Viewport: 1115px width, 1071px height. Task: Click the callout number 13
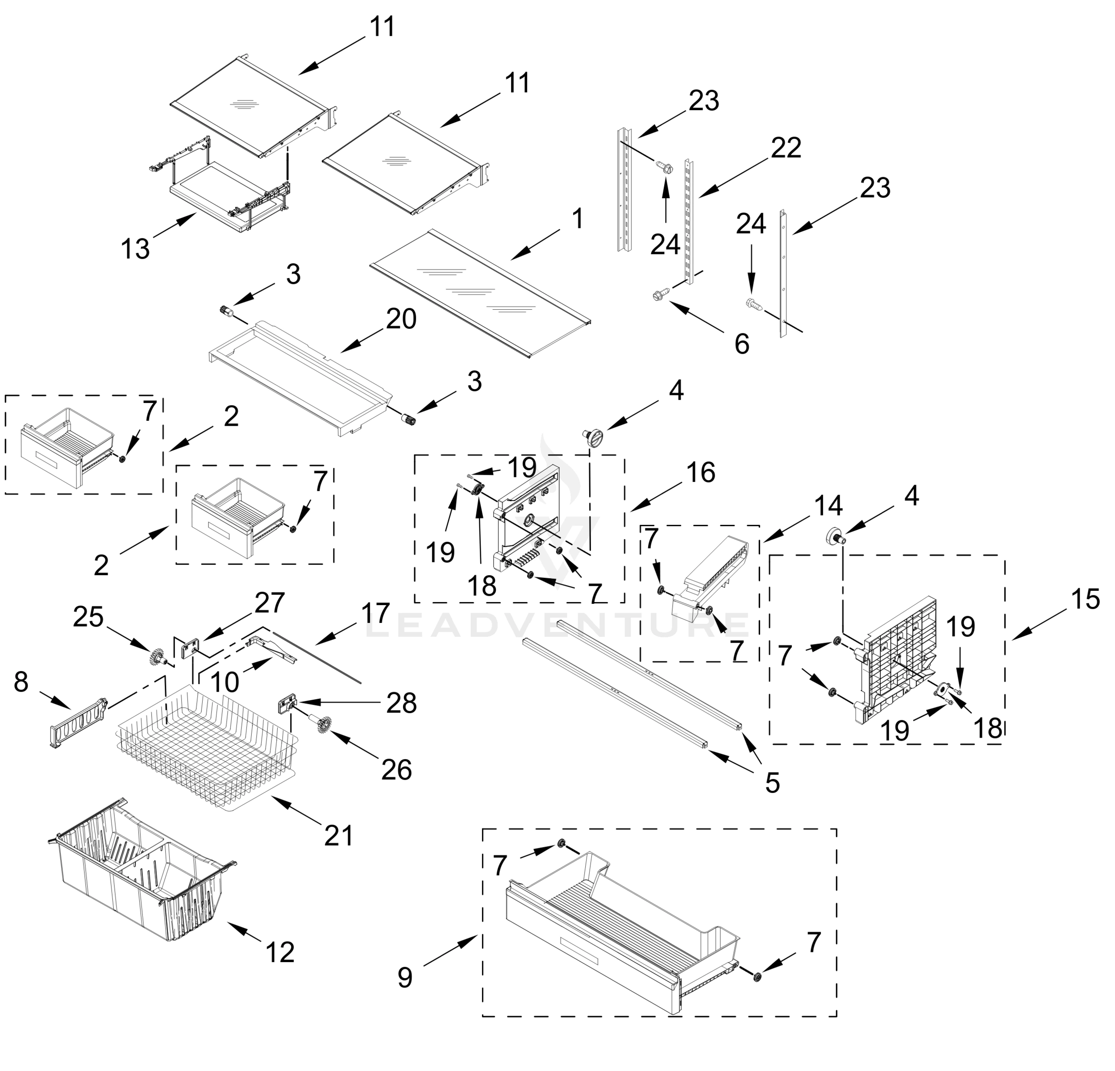pyautogui.click(x=135, y=249)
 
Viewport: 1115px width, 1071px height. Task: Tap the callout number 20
pyautogui.click(x=401, y=319)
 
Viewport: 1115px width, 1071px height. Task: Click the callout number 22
pyautogui.click(x=786, y=148)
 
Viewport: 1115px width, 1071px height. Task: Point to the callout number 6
pyautogui.click(x=742, y=344)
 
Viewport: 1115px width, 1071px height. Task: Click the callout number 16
pyautogui.click(x=700, y=472)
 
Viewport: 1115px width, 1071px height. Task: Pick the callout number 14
pyautogui.click(x=828, y=506)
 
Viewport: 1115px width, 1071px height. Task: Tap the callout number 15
pyautogui.click(x=1085, y=599)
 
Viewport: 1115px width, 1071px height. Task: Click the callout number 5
pyautogui.click(x=772, y=783)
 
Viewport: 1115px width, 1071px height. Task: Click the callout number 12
pyautogui.click(x=279, y=952)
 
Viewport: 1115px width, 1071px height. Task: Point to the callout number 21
pyautogui.click(x=338, y=835)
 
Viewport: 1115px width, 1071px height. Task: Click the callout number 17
pyautogui.click(x=375, y=613)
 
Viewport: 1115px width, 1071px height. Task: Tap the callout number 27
pyautogui.click(x=269, y=603)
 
